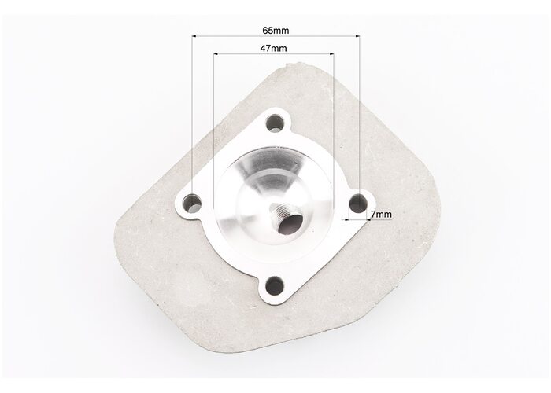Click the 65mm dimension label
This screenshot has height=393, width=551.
(275, 31)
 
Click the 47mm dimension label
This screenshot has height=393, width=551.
(273, 49)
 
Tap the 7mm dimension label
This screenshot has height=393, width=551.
(381, 214)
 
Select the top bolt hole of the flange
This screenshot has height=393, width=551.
(275, 123)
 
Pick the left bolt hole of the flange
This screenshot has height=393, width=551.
(193, 204)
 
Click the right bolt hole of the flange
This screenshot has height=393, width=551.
(358, 203)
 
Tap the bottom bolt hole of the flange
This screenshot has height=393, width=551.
(275, 285)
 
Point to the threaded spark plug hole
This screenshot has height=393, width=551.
(285, 221)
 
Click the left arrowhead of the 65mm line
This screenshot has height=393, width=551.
(194, 36)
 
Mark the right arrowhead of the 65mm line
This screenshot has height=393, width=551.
(357, 36)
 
